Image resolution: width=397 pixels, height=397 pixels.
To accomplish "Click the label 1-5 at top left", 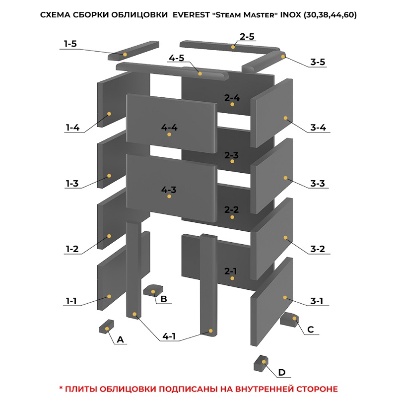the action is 70,44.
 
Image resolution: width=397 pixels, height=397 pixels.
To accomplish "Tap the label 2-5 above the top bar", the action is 247,37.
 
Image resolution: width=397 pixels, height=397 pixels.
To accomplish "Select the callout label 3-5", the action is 318,62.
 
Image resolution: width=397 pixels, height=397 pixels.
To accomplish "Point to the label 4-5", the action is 177,58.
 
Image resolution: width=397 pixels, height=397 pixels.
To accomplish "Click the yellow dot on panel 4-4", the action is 169,134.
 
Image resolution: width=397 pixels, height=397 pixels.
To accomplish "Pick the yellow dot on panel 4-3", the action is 169,196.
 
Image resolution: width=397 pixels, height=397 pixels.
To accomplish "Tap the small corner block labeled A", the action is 106,327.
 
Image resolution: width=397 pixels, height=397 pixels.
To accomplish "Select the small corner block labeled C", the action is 289,320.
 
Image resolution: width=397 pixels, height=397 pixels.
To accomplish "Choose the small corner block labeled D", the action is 261,363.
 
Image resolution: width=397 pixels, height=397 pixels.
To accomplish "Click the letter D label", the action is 282,373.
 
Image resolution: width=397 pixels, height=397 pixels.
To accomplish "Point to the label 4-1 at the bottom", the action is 169,336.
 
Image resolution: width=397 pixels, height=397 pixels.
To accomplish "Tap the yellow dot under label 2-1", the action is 232,278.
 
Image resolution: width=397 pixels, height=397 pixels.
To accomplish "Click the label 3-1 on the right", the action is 317,301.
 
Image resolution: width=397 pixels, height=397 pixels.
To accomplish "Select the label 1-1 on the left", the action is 71,301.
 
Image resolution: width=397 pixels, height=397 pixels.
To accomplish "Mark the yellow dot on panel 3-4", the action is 286,118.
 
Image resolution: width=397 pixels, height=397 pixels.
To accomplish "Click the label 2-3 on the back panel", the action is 231,155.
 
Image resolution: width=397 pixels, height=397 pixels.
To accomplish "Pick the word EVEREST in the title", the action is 191,15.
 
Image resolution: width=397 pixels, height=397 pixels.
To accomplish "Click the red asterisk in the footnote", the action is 61,388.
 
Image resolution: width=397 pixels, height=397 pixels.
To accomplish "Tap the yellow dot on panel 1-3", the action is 109,176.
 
